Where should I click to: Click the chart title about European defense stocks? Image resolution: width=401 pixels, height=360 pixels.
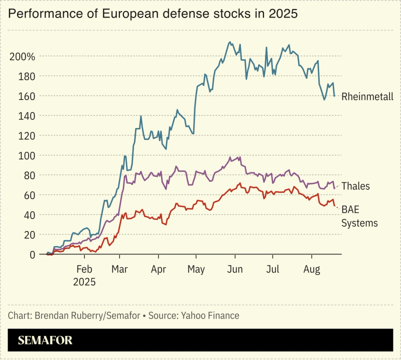coord(153,14)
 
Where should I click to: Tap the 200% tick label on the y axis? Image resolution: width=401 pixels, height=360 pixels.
coord(23,56)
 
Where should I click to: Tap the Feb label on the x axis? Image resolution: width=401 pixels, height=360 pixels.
coord(84,270)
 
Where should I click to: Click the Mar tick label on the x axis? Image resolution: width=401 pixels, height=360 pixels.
coord(119,270)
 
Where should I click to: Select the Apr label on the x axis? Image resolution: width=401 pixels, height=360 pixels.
coord(159,270)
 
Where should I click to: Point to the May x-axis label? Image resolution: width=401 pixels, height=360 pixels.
coord(196,270)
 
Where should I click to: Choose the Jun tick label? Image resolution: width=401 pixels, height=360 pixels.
coord(235,270)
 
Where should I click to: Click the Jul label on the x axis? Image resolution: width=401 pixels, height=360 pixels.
coord(273,270)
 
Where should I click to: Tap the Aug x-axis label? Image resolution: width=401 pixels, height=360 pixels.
coord(312,270)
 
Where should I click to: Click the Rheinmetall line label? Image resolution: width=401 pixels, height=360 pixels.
coord(367,97)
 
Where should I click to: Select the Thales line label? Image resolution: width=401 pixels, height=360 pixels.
coord(355,186)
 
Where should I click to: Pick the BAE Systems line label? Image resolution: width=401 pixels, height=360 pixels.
coord(359,216)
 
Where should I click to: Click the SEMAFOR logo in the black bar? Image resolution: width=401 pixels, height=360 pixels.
coord(45,340)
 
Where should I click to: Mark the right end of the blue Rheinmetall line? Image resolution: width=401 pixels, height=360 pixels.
coord(335,95)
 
